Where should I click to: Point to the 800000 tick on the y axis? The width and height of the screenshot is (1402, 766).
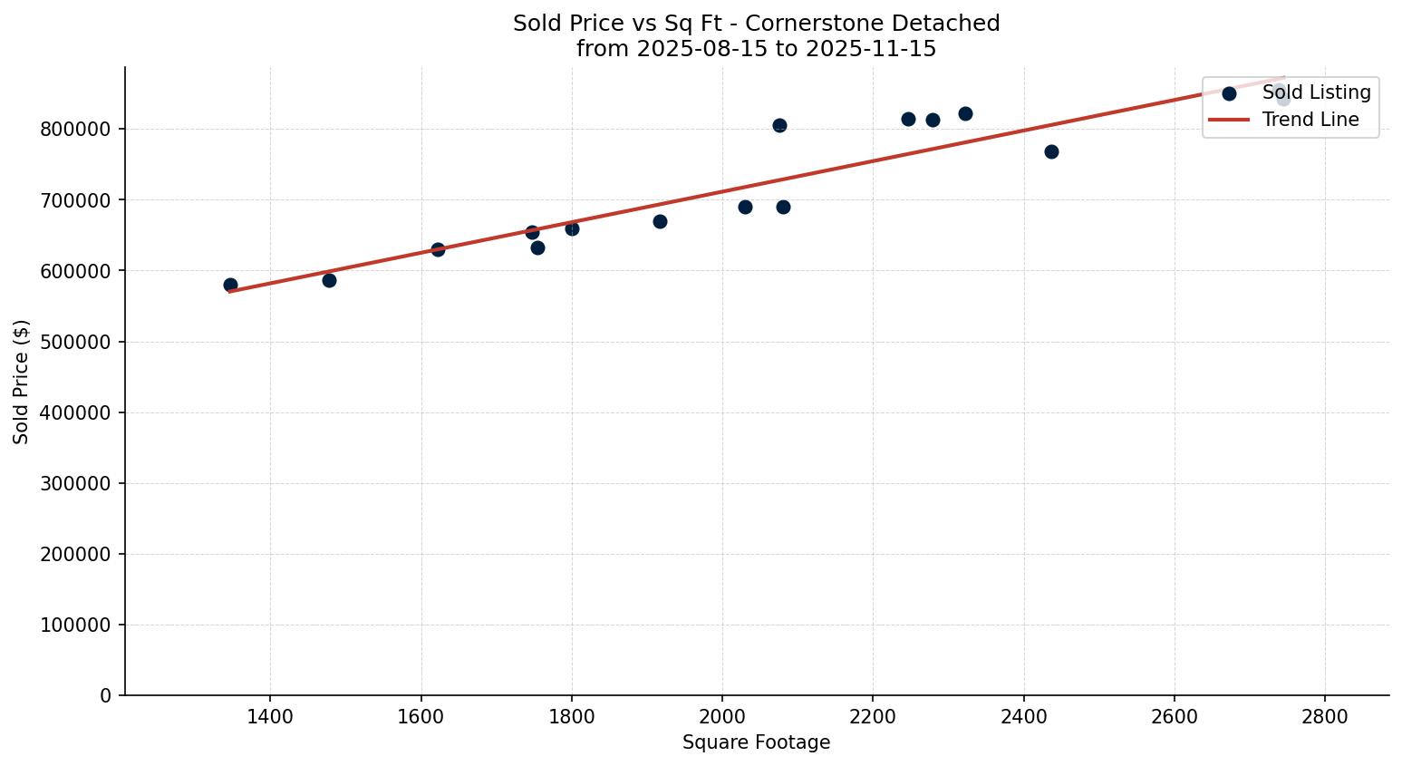75,129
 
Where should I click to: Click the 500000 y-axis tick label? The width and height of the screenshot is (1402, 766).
75,342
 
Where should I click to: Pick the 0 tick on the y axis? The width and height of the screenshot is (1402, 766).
106,695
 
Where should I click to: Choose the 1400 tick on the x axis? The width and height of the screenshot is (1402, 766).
270,716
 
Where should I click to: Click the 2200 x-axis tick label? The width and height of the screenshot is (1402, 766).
873,716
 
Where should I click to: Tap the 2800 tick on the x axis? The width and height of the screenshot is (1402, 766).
1325,716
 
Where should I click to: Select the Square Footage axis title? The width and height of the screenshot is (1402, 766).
756,743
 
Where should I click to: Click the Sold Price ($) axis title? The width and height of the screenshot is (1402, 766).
22,381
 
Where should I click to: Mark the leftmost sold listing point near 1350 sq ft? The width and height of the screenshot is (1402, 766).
230,285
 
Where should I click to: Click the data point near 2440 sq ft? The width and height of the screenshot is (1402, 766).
1051,151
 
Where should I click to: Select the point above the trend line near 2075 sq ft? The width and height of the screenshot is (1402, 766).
779,125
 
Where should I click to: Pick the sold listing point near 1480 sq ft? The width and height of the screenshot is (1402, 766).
329,280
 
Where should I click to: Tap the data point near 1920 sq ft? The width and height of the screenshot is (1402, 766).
660,221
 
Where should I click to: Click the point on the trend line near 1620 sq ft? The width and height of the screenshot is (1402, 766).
438,249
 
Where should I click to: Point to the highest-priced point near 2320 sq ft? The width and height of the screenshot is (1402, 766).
965,113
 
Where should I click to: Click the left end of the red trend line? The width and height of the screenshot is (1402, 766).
231,291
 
